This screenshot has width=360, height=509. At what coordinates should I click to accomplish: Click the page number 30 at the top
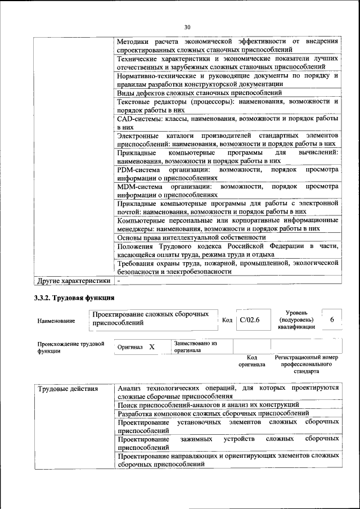point(187,26)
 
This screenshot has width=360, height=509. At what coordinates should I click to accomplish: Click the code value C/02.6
point(249,319)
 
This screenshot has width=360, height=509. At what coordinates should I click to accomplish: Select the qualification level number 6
point(332,319)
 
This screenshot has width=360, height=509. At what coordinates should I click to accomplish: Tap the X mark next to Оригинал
point(152,347)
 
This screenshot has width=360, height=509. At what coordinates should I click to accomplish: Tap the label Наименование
point(56,321)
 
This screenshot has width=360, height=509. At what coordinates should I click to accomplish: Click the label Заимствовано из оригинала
point(195,346)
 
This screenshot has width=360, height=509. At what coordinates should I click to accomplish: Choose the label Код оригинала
point(251,361)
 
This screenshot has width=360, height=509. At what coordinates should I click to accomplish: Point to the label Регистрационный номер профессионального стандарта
point(306,364)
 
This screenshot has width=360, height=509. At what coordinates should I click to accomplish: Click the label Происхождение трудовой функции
point(71,347)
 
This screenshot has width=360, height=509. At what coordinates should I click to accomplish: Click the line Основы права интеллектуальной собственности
point(191,237)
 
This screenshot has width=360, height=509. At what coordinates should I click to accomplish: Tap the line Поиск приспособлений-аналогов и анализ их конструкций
point(208,405)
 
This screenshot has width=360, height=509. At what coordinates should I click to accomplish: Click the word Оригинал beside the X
point(130,348)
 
